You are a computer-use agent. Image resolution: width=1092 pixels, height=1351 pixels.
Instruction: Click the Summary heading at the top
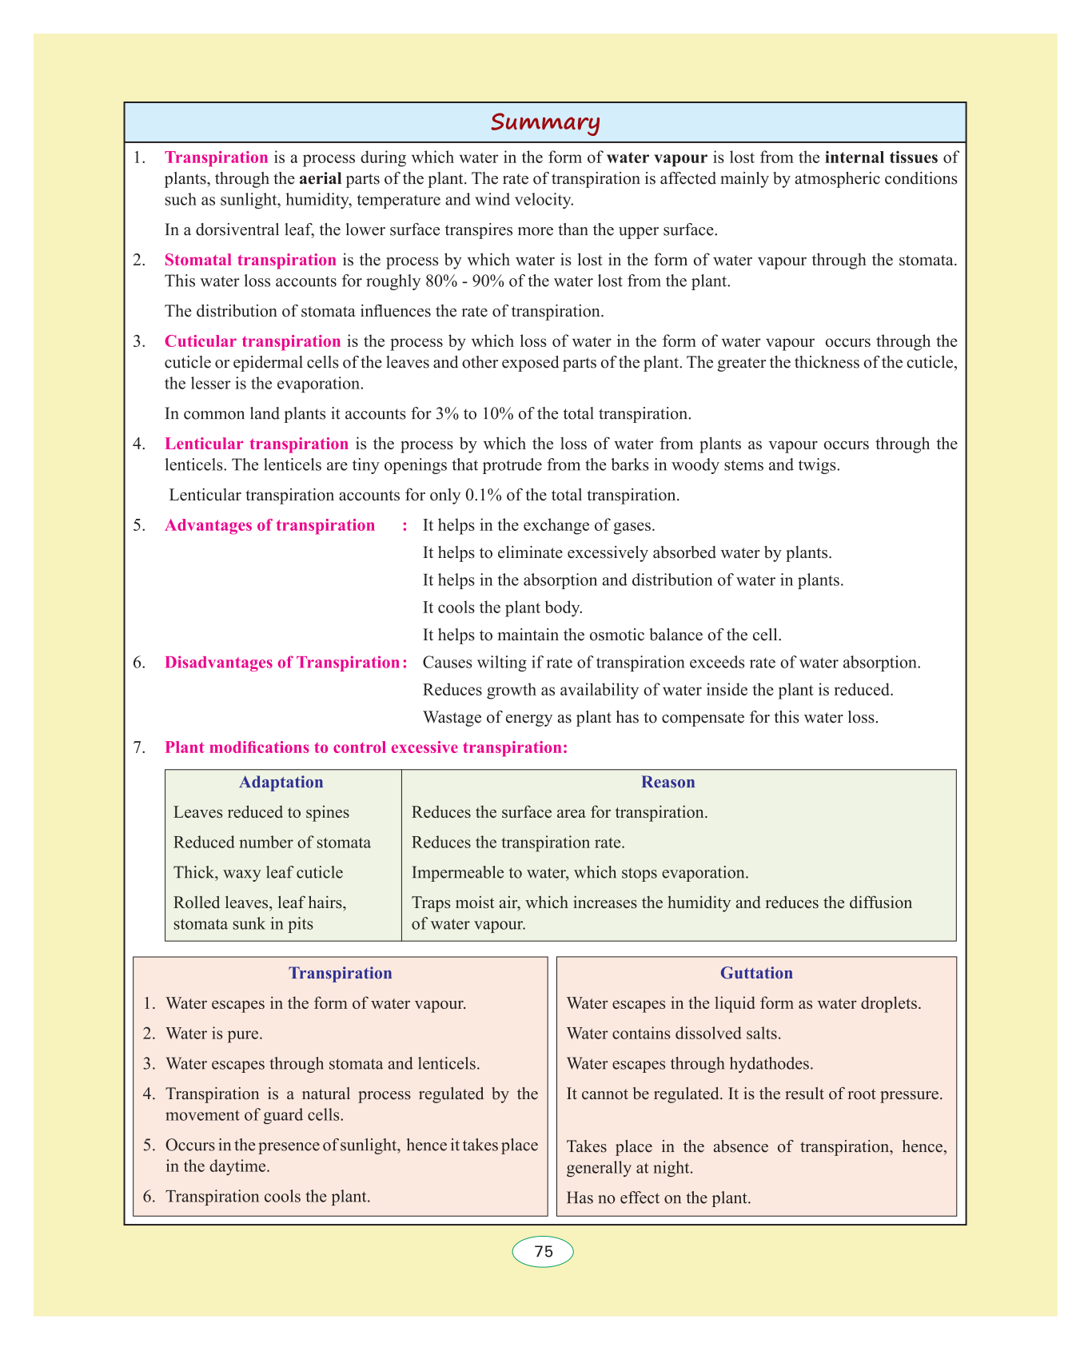[x=544, y=122]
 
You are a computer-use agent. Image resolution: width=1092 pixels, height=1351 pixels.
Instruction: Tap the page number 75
[x=544, y=1251]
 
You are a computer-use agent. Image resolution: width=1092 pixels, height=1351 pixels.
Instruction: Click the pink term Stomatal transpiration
[x=250, y=260]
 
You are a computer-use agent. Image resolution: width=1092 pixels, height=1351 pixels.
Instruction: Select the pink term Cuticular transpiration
[x=253, y=341]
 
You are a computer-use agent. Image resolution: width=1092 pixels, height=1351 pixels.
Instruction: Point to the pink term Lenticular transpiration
[x=257, y=444]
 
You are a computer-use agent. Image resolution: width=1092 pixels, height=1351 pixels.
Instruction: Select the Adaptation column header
[x=281, y=782]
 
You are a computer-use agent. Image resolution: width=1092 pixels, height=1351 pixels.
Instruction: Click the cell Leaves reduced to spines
[x=261, y=812]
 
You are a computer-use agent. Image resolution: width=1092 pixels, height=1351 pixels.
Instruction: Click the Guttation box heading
[x=756, y=973]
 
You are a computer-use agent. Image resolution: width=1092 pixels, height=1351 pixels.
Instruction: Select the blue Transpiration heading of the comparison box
[x=341, y=973]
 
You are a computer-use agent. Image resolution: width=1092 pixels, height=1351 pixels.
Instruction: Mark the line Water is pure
[x=213, y=1034]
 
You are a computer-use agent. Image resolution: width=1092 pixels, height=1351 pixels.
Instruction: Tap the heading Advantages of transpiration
[x=269, y=525]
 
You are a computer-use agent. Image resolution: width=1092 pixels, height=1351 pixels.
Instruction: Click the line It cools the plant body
[x=502, y=608]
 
